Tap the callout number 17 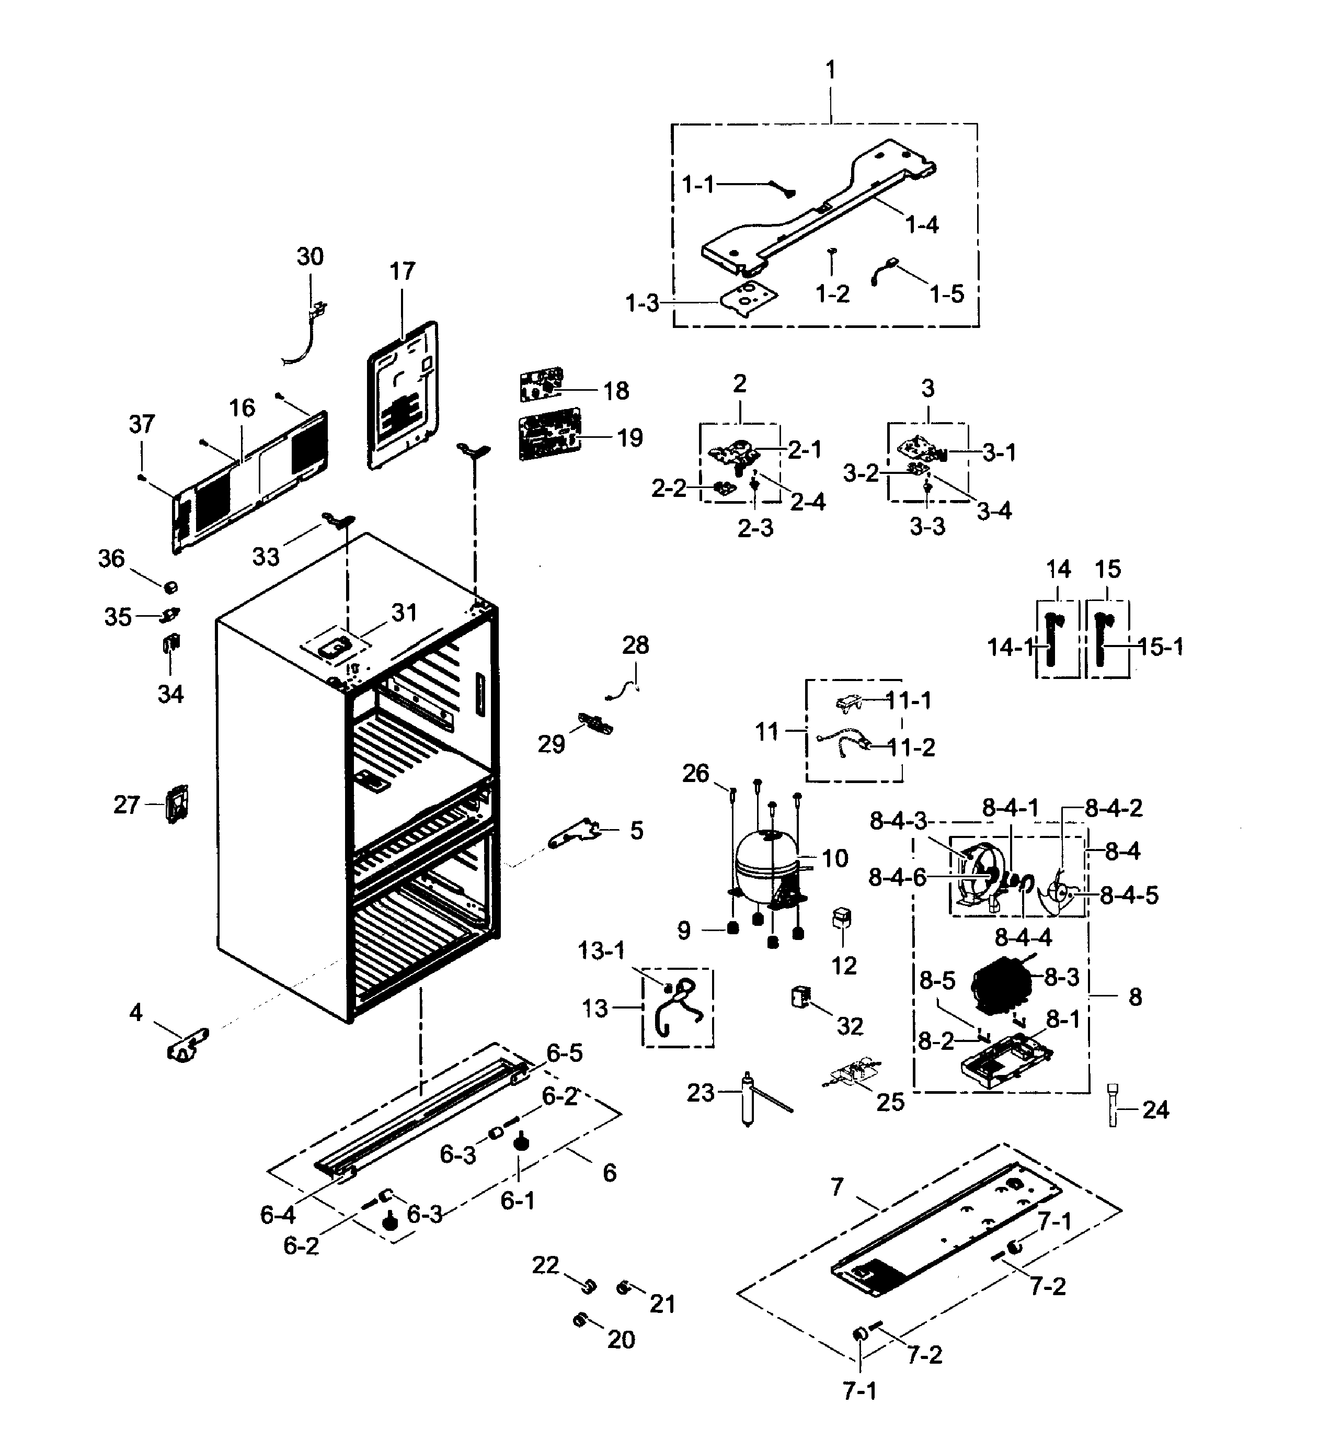pos(403,271)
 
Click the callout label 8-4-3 pos(898,821)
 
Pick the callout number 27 pos(126,804)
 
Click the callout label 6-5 pos(564,1052)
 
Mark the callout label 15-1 pos(1160,647)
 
